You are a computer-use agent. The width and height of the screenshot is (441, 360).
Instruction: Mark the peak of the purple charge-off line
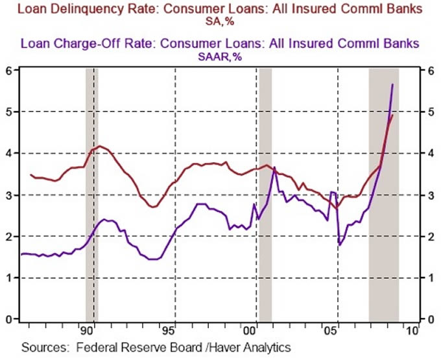[392, 84]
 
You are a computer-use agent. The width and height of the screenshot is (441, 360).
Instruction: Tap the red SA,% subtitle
[220, 21]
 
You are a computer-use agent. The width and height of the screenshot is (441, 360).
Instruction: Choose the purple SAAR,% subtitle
[220, 56]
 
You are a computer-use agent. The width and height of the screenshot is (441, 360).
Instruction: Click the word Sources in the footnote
[42, 348]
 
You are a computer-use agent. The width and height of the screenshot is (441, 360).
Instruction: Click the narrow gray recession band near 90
[91, 195]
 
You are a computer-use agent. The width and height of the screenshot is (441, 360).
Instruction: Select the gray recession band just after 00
[265, 195]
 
